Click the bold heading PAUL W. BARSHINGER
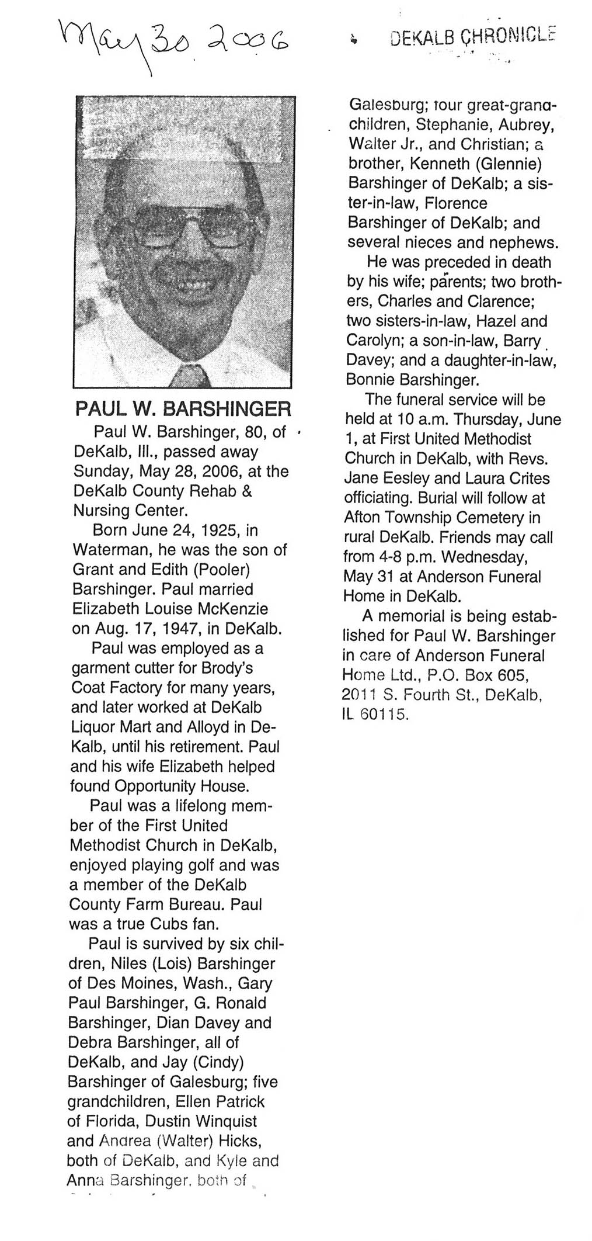[x=183, y=408]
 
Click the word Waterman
[x=105, y=550]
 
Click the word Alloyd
[x=225, y=727]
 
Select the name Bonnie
[x=370, y=380]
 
